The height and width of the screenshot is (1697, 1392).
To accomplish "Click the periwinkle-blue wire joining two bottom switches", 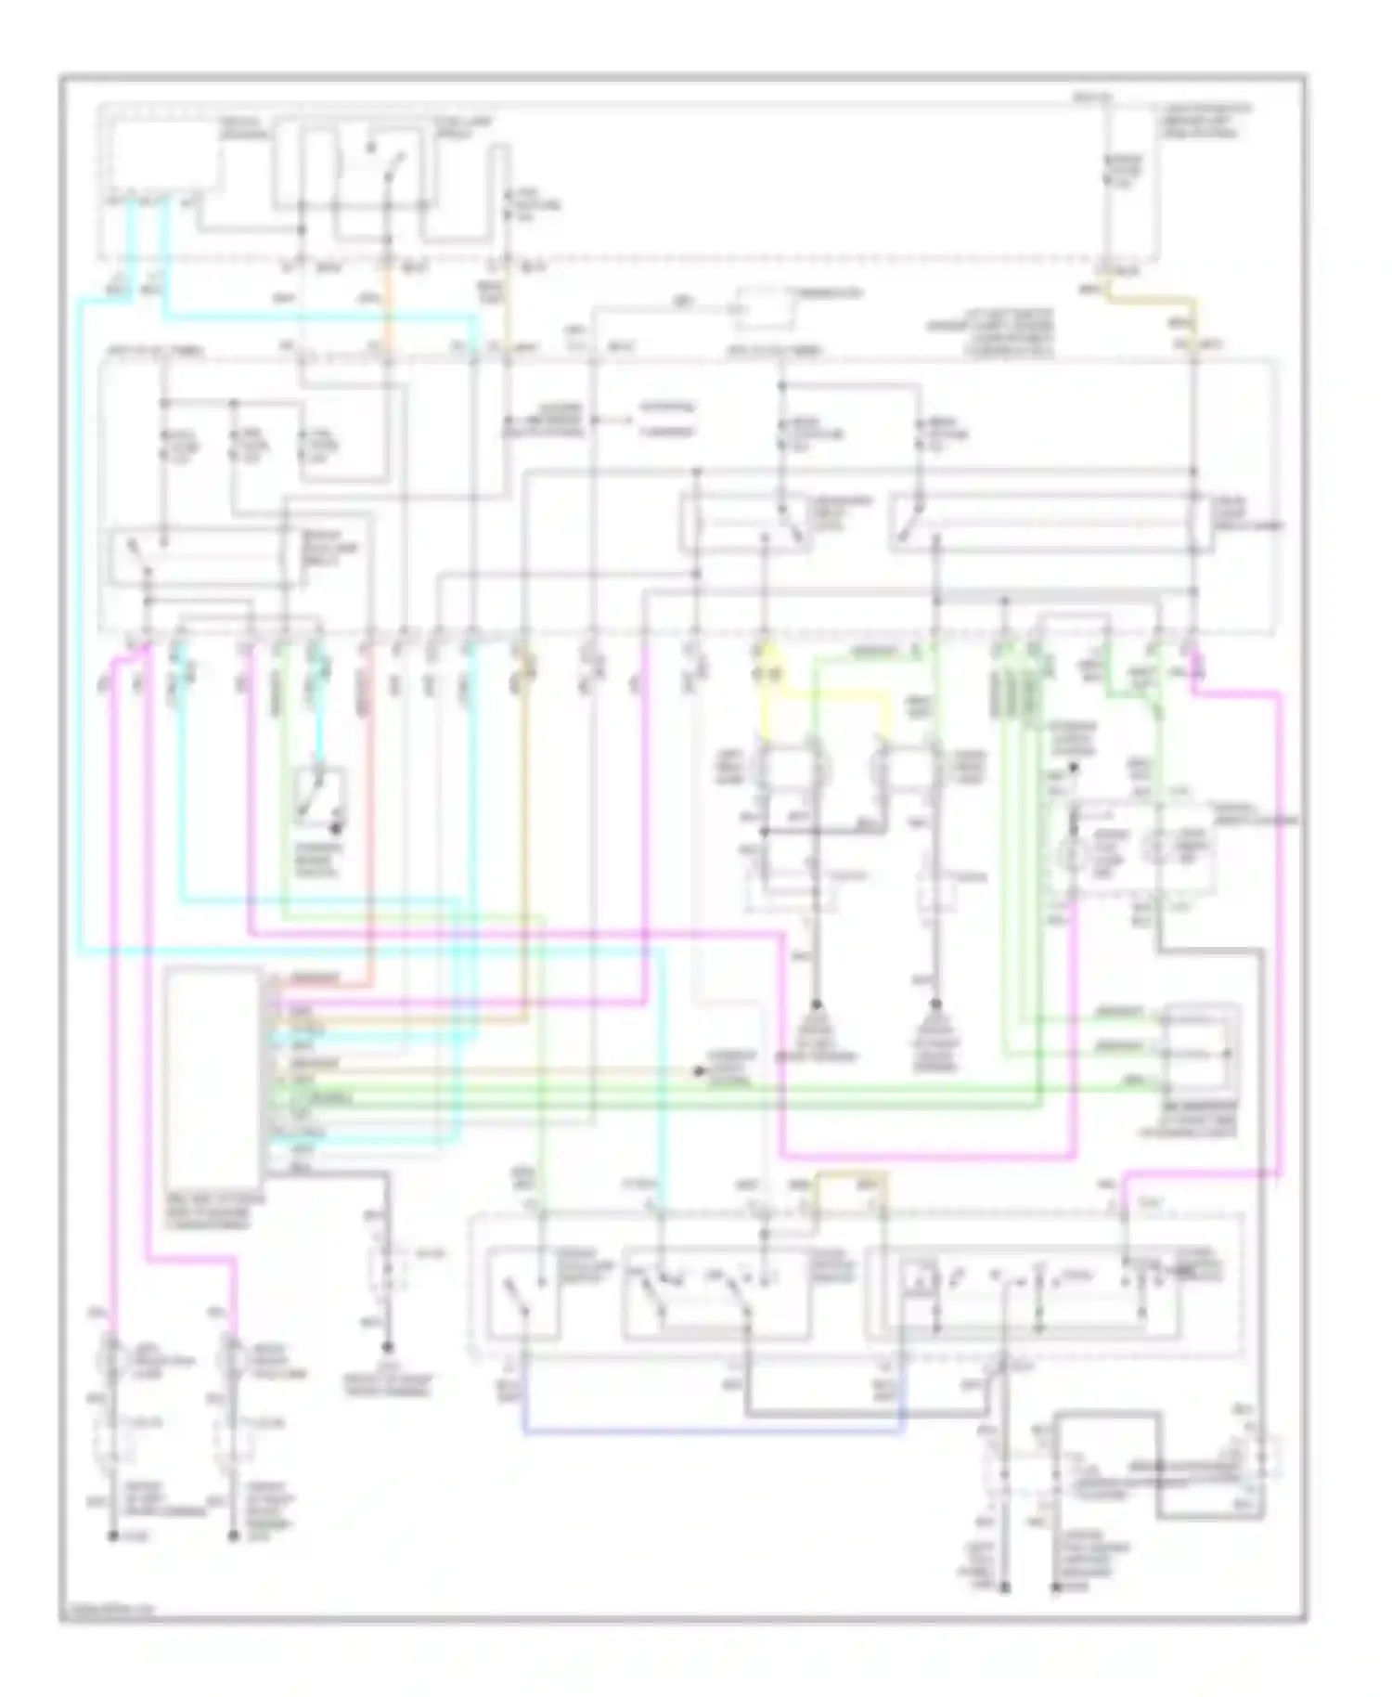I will pyautogui.click(x=715, y=1432).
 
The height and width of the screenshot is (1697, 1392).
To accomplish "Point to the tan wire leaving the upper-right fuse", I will pyautogui.click(x=1151, y=299).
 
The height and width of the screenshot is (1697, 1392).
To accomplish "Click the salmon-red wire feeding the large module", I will pyautogui.click(x=369, y=836).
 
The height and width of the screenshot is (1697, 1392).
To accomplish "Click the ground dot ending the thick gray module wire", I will pyautogui.click(x=388, y=1349).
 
